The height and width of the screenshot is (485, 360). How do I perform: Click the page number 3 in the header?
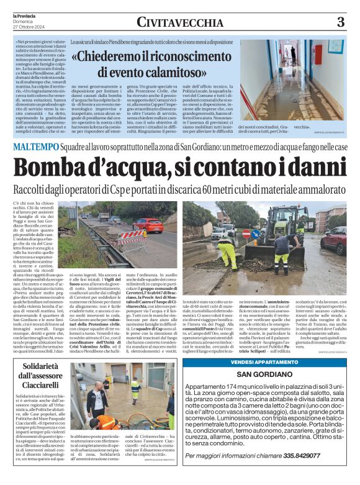pos(340,22)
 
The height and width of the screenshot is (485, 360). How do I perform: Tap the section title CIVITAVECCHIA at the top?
pos(179,23)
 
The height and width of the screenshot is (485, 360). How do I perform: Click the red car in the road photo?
pos(149,224)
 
